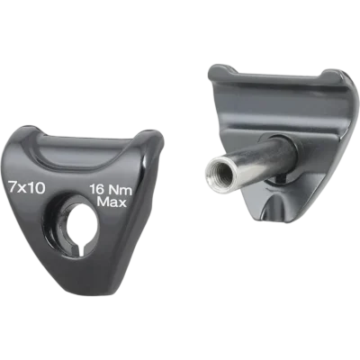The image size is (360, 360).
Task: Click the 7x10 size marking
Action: pyautogui.click(x=27, y=188)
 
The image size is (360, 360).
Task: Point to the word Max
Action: pyautogui.click(x=112, y=202)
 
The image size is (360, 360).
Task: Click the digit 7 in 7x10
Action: pyautogui.click(x=13, y=188)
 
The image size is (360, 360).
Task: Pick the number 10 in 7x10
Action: pyautogui.click(x=38, y=188)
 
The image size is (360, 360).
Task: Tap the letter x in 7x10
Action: pyautogui.click(x=22, y=189)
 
